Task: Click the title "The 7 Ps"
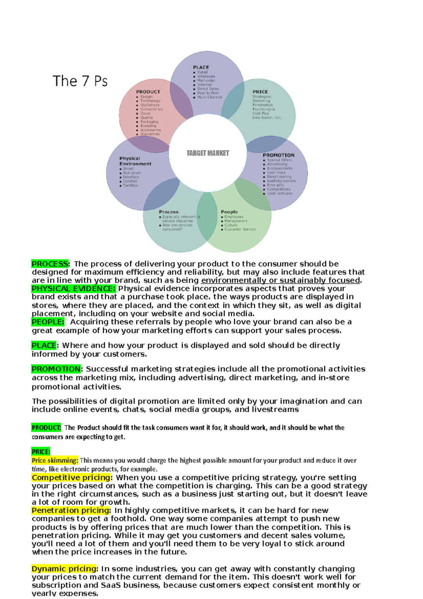point(80,81)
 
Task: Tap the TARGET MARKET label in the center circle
point(208,153)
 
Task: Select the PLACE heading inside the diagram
point(201,67)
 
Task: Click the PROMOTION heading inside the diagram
point(278,155)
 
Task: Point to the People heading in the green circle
point(229,212)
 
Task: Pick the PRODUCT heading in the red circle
point(148,92)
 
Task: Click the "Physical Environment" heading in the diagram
point(135,161)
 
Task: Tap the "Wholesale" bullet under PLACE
point(206,76)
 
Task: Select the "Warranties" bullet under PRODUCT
point(150,134)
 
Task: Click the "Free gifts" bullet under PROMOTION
point(275,185)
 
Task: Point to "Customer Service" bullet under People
point(240,229)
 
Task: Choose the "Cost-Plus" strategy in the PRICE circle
point(260,113)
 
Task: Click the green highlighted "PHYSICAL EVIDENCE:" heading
point(73,289)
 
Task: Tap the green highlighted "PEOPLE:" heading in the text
point(48,322)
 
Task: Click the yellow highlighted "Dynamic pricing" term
point(64,569)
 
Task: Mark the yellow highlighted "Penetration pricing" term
point(70,510)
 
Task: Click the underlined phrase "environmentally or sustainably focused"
point(281,280)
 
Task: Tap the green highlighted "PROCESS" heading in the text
point(50,264)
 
